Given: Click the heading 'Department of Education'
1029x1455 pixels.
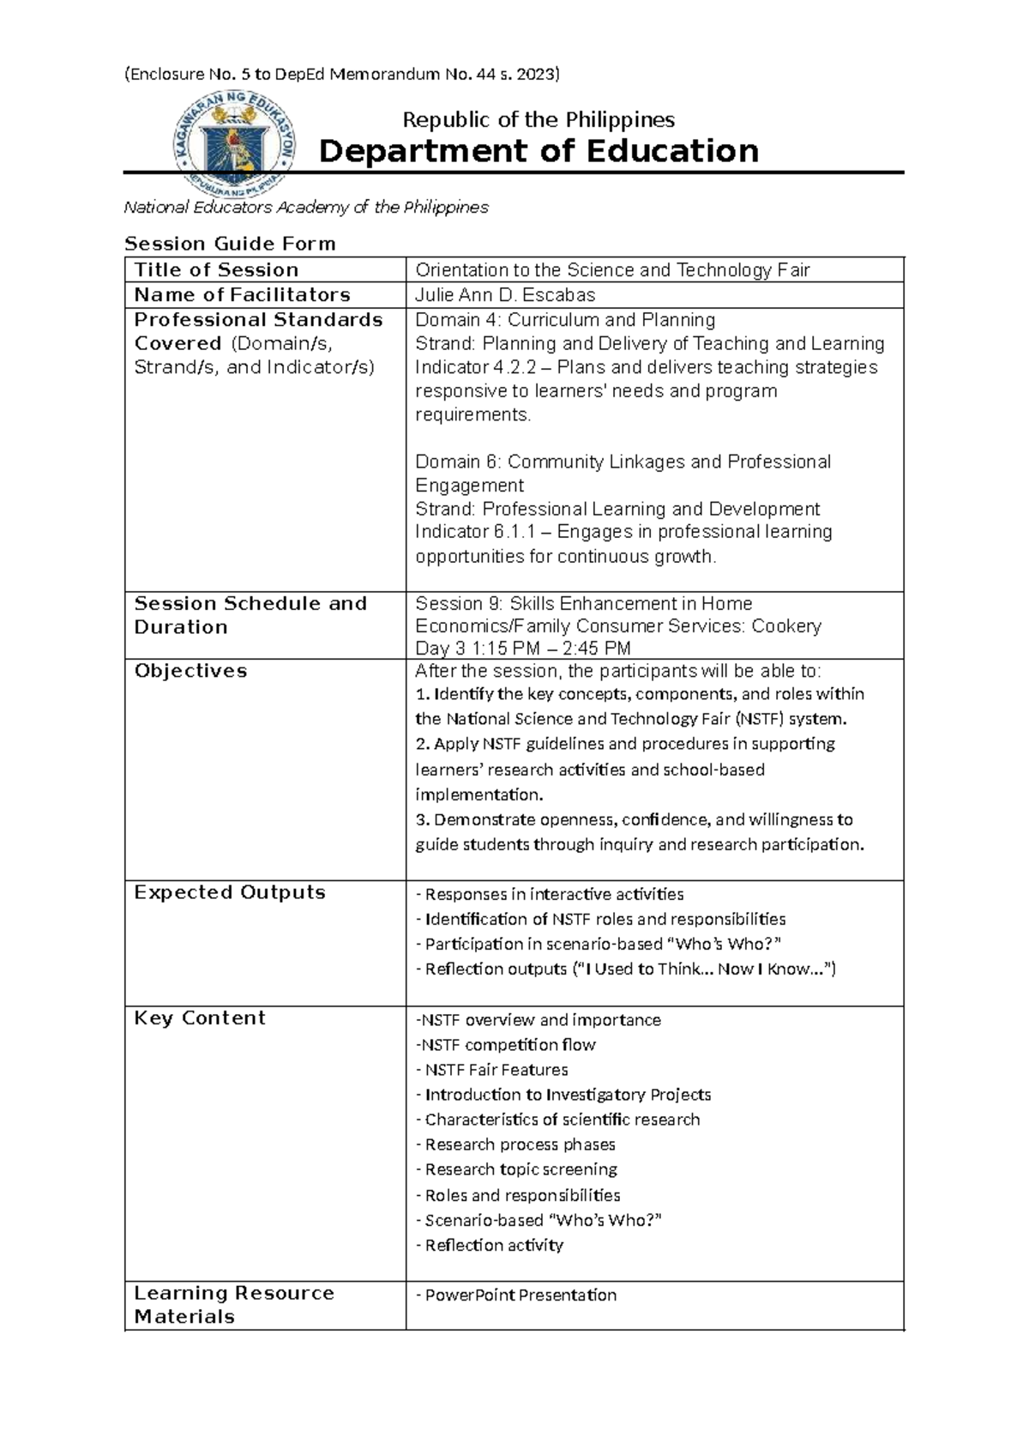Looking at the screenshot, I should (539, 151).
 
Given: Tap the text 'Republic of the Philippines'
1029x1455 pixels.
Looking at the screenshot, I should (539, 119).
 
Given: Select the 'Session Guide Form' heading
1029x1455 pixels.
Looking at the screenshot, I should (230, 244).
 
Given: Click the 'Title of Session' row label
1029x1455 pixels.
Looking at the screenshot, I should (216, 270).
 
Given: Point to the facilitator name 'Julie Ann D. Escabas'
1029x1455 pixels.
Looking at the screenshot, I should (505, 295).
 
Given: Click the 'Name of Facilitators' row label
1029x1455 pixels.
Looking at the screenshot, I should (242, 295).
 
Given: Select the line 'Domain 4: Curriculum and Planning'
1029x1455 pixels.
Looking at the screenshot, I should (565, 320).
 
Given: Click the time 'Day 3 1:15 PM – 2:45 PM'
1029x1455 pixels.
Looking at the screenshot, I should (523, 649).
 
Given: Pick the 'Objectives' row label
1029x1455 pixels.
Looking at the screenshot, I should (190, 671).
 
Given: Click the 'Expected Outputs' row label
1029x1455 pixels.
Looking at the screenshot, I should (230, 892).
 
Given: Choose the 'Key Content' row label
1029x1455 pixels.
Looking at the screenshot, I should (200, 1018).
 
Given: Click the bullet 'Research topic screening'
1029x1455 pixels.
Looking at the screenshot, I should (521, 1169).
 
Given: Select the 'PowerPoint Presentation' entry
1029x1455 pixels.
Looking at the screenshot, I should (520, 1295).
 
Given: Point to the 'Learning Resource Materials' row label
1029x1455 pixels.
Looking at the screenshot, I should (233, 1305).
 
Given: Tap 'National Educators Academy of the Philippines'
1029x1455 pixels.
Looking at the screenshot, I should (306, 208).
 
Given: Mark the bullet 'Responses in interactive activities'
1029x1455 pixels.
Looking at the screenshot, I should (554, 895).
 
